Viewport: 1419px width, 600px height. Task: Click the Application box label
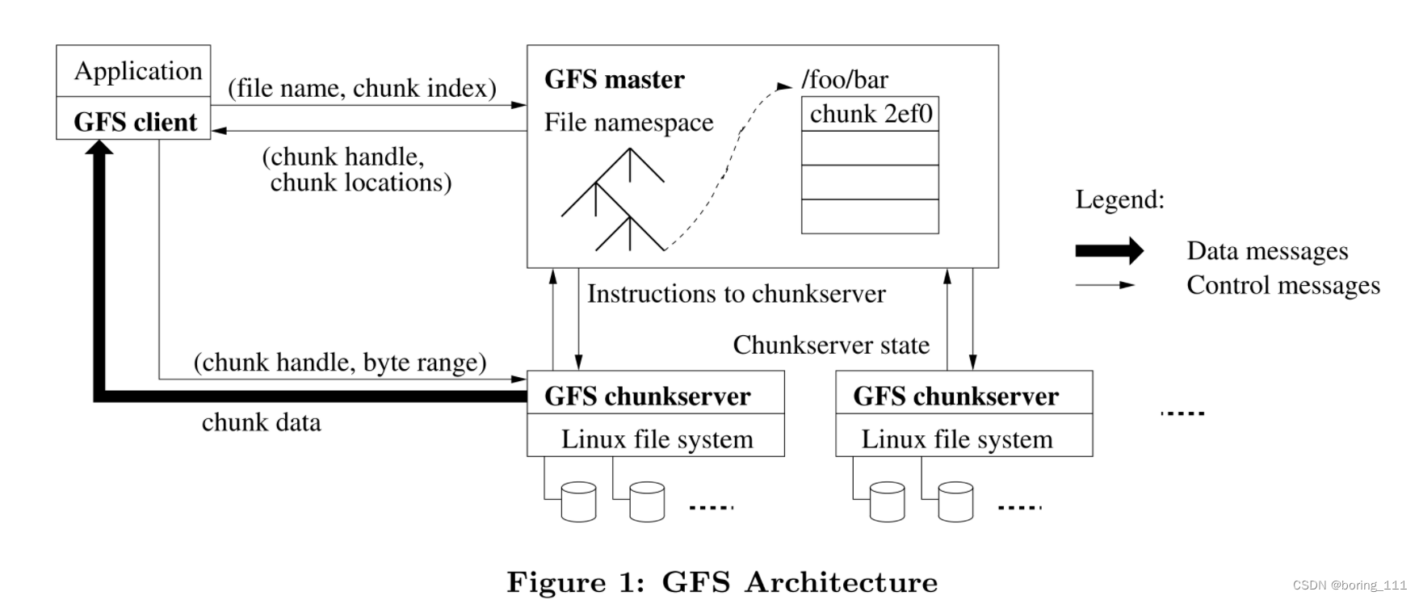pyautogui.click(x=137, y=71)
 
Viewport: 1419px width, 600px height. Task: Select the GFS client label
pyautogui.click(x=135, y=122)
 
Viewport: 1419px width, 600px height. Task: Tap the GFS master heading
pyautogui.click(x=614, y=79)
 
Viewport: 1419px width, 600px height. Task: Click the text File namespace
pyautogui.click(x=628, y=122)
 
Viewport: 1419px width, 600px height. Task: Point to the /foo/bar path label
pyautogui.click(x=844, y=79)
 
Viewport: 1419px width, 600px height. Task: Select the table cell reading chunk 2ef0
pyautogui.click(x=870, y=114)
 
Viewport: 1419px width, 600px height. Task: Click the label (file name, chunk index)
pyautogui.click(x=362, y=87)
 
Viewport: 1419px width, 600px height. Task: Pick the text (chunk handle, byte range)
pyautogui.click(x=340, y=362)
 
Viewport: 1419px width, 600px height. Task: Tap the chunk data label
pyautogui.click(x=261, y=422)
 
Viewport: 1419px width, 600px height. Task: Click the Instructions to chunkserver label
pyautogui.click(x=736, y=293)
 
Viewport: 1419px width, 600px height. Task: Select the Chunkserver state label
pyautogui.click(x=831, y=345)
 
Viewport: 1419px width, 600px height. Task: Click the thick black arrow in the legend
pyautogui.click(x=1109, y=251)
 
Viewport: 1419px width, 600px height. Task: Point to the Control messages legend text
pyautogui.click(x=1283, y=285)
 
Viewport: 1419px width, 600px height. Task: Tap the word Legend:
pyautogui.click(x=1119, y=199)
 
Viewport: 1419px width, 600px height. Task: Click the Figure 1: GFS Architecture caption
pyautogui.click(x=722, y=581)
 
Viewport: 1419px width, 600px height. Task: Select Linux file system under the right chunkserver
pyautogui.click(x=956, y=439)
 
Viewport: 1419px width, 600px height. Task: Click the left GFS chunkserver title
pyautogui.click(x=647, y=397)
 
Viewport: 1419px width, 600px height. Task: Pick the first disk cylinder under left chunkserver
pyautogui.click(x=578, y=501)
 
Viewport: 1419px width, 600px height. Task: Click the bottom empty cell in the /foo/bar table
pyautogui.click(x=870, y=216)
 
